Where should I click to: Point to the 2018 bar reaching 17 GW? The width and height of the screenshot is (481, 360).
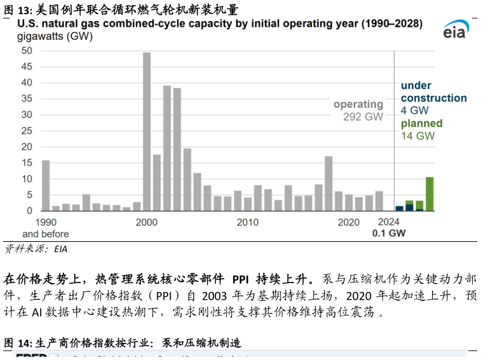coord(329,183)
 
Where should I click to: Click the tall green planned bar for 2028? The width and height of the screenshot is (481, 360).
coord(430,194)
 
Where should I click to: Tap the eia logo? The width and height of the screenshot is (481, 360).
coord(455,30)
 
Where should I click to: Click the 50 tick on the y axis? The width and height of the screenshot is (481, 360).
coord(27,51)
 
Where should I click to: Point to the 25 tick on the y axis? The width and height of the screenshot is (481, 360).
coord(27,131)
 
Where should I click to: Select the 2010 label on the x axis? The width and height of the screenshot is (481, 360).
coord(248,222)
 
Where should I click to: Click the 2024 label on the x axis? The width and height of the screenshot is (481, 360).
coord(388,222)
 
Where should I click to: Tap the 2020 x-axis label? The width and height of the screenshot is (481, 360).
coord(349,222)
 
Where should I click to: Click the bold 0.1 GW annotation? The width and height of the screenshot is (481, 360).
coord(389,233)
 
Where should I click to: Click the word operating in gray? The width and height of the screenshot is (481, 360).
coord(358,104)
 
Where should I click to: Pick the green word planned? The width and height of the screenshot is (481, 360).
coord(422,123)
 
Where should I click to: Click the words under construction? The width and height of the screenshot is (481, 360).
coord(434,92)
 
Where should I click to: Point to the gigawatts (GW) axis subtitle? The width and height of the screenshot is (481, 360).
coord(55,36)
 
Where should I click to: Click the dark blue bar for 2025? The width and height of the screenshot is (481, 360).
coord(400,208)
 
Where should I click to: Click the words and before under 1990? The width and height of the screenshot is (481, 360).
coord(46,234)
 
